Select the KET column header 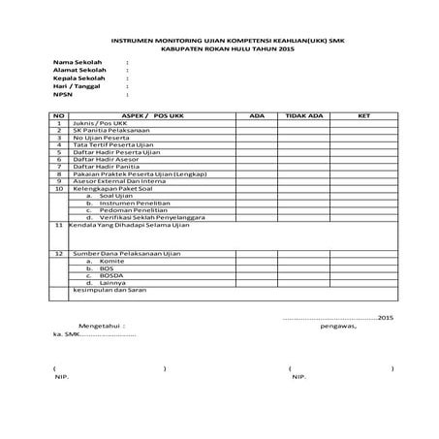pyautogui.click(x=363, y=115)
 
